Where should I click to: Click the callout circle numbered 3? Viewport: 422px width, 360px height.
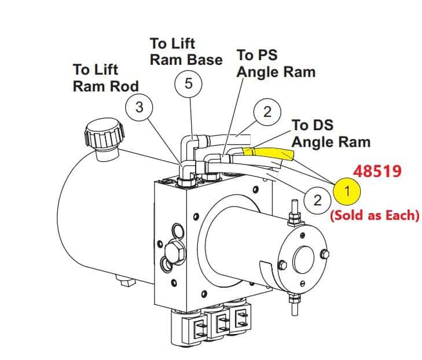click(x=140, y=108)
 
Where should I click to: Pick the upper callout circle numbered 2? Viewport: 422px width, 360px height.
click(x=266, y=112)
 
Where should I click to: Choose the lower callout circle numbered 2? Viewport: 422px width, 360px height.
click(x=317, y=200)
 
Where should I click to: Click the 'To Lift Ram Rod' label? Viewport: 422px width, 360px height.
click(x=105, y=78)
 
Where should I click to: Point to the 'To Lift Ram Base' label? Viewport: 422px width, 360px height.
click(x=186, y=52)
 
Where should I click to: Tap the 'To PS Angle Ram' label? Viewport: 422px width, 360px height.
click(x=276, y=64)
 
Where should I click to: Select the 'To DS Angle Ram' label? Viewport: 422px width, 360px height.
click(x=331, y=133)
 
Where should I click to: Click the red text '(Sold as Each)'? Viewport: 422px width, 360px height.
click(x=374, y=216)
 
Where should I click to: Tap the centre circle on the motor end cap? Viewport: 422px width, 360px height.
click(x=303, y=256)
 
